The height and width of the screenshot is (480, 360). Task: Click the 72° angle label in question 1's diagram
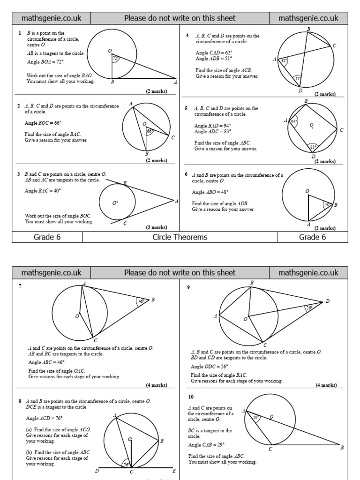[116, 59]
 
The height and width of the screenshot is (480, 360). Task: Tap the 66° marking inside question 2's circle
[150, 132]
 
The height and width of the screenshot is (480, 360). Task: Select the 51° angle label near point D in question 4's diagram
[298, 79]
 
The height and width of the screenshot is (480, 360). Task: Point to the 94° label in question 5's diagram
[293, 122]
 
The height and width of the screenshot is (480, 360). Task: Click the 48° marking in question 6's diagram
[327, 204]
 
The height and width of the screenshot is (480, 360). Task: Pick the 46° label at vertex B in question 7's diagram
[142, 301]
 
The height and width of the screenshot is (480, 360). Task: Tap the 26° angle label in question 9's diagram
[309, 308]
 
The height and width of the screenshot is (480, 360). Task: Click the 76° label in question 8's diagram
[127, 465]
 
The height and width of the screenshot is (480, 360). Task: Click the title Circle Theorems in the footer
[180, 237]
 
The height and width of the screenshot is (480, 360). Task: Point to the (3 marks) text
[156, 227]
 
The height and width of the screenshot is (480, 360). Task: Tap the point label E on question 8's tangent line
[174, 471]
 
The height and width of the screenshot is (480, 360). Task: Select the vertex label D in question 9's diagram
[327, 301]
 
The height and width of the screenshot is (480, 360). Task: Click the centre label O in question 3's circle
[114, 203]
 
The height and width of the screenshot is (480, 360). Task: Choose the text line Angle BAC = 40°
[43, 191]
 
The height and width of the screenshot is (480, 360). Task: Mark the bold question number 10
[191, 397]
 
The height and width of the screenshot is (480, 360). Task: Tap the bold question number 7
[20, 286]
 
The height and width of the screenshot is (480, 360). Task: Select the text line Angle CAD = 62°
[213, 53]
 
